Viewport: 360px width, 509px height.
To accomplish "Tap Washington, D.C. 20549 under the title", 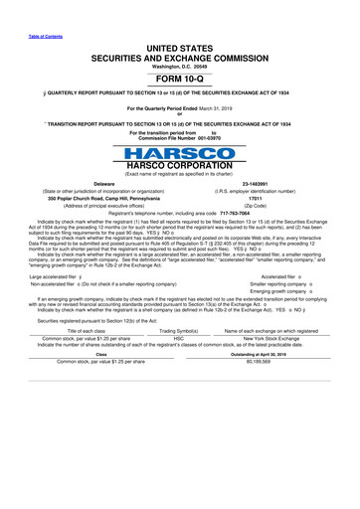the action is point(181,51).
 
